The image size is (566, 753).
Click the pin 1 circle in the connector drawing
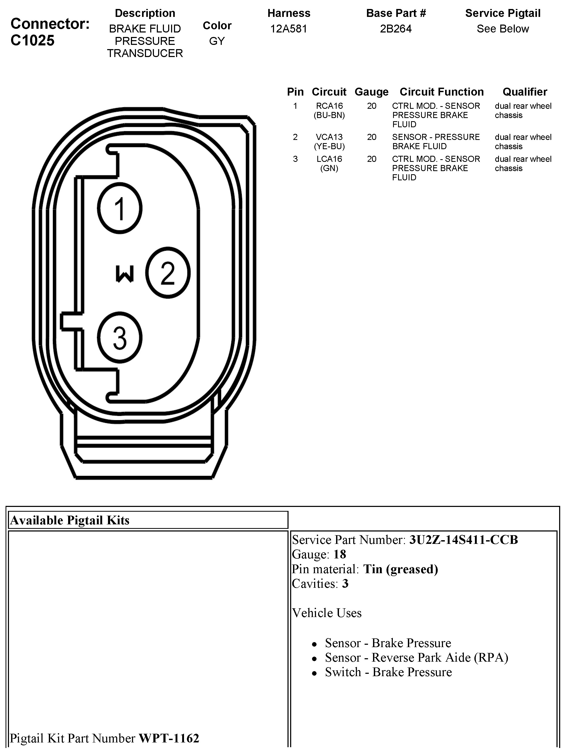click(x=120, y=208)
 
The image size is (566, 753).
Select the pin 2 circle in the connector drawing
click(x=168, y=273)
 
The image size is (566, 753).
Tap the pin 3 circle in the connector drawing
click(x=120, y=338)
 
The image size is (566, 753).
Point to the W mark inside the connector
click(x=125, y=274)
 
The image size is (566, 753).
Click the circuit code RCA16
click(x=329, y=106)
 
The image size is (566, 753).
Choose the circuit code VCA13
click(x=329, y=137)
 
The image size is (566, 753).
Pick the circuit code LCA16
click(x=329, y=159)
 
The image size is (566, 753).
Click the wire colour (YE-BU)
click(x=329, y=146)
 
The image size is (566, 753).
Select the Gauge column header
click(x=371, y=92)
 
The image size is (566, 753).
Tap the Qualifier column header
click(x=525, y=92)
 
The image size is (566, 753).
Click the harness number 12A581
click(x=289, y=29)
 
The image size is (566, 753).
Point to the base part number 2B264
click(x=396, y=29)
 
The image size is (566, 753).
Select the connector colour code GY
click(x=217, y=41)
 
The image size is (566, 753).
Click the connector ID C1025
click(x=33, y=40)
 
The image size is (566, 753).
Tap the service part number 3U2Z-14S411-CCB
click(x=463, y=540)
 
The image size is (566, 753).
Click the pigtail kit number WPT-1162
click(x=169, y=738)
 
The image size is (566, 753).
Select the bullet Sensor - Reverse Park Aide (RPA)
click(x=416, y=657)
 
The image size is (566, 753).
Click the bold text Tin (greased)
click(x=400, y=569)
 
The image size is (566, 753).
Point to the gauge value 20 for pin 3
click(x=371, y=159)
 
